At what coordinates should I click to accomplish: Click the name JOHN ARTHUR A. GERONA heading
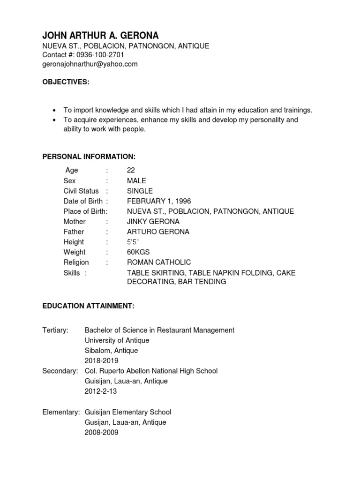pyautogui.click(x=100, y=36)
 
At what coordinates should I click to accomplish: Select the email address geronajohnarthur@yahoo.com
pyautogui.click(x=90, y=64)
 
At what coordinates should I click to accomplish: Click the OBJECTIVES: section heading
pyautogui.click(x=66, y=82)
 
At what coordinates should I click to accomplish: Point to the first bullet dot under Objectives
pyautogui.click(x=55, y=110)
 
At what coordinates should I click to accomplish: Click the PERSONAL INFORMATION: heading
pyautogui.click(x=89, y=156)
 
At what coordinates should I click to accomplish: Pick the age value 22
pyautogui.click(x=131, y=171)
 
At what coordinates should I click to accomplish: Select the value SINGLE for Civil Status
pyautogui.click(x=140, y=191)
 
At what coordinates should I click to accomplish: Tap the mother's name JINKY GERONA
pyautogui.click(x=153, y=221)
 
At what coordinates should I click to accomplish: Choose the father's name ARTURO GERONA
pyautogui.click(x=158, y=232)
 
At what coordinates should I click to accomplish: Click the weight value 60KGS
pyautogui.click(x=138, y=252)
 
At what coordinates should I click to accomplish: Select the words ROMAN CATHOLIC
pyautogui.click(x=159, y=262)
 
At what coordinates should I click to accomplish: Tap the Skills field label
pyautogui.click(x=72, y=273)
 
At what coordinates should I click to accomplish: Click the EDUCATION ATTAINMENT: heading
pyautogui.click(x=89, y=306)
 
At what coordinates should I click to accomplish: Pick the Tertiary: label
pyautogui.click(x=55, y=330)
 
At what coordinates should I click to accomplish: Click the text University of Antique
pyautogui.click(x=117, y=340)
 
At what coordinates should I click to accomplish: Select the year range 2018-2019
pyautogui.click(x=101, y=361)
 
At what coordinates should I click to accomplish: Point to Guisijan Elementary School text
pyautogui.click(x=128, y=412)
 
